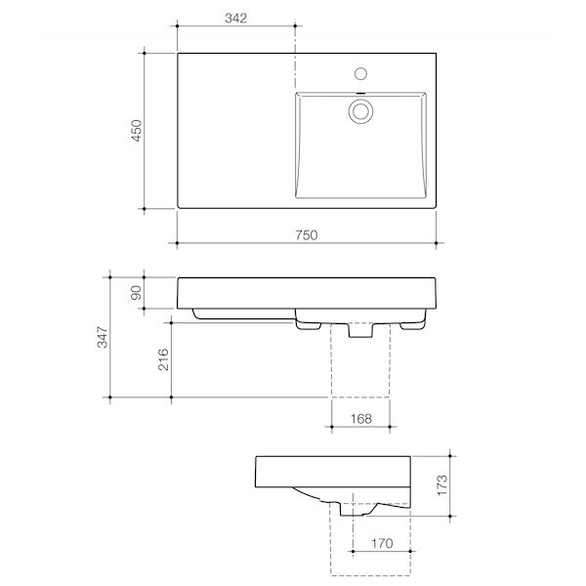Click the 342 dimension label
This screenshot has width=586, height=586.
(x=235, y=19)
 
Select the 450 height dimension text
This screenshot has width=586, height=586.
(x=137, y=131)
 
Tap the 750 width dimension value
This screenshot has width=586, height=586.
(x=307, y=234)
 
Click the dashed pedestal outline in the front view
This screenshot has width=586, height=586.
(x=361, y=376)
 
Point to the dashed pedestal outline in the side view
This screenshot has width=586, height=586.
(x=376, y=547)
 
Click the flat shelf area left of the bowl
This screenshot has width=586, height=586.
(x=234, y=131)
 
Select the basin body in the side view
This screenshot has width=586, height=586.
(x=332, y=474)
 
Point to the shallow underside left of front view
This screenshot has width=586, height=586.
(x=244, y=315)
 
